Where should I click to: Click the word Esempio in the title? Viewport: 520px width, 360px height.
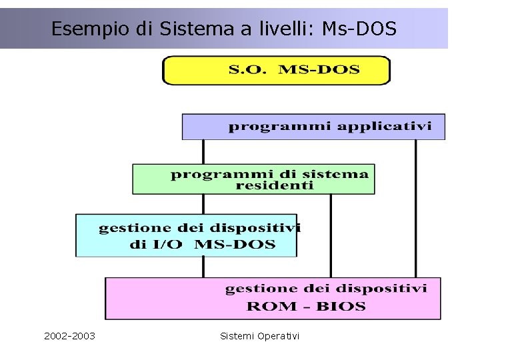coord(77,29)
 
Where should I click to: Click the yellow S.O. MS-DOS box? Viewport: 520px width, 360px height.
coord(276,70)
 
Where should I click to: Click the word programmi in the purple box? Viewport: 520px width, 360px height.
coord(280,125)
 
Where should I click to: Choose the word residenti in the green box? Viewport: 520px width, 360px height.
coord(274,186)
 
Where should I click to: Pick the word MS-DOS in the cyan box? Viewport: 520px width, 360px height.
coord(234,244)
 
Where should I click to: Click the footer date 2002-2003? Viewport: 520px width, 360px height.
coord(69,336)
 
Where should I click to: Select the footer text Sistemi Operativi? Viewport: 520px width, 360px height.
coord(260,336)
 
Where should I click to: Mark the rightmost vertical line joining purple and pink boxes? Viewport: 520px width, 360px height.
coord(415,208)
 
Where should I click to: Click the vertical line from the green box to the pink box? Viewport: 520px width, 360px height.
coord(331,235)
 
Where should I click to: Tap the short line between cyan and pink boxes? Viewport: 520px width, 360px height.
coord(203,267)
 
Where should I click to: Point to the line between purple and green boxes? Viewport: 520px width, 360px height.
coord(203,151)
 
